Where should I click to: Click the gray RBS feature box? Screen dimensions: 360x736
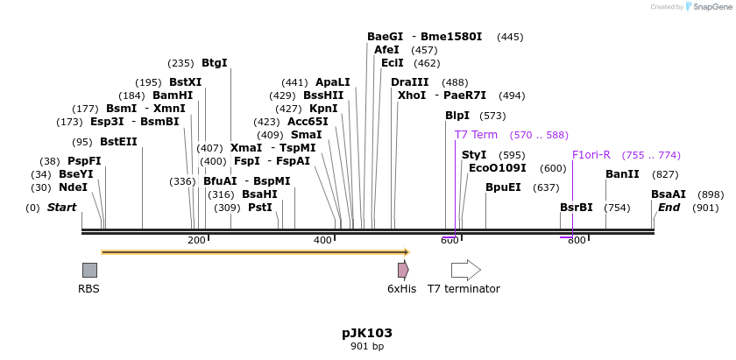[x=89, y=270]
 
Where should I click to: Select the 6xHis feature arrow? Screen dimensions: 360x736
[x=402, y=270]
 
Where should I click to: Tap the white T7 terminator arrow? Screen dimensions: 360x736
[x=465, y=270]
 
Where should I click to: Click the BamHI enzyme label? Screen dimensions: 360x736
[x=173, y=95]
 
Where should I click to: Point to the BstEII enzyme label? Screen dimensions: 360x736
[x=118, y=142]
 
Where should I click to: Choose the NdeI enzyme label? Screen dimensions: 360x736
[x=73, y=187]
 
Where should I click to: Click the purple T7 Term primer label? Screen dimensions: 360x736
[x=476, y=135]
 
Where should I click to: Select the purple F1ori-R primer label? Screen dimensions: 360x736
[x=591, y=155]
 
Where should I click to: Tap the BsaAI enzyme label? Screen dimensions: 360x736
[x=669, y=194]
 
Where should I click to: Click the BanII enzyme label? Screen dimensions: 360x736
[x=622, y=174]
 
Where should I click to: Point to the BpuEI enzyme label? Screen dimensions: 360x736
[x=503, y=187]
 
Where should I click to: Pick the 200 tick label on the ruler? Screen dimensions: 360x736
[x=196, y=240]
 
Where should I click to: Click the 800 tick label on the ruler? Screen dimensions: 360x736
[x=577, y=240]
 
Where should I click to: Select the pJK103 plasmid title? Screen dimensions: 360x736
[x=367, y=334]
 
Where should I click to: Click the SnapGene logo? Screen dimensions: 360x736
[x=707, y=7]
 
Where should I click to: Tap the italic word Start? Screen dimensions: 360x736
[x=61, y=208]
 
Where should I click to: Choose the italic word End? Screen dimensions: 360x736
[x=669, y=208]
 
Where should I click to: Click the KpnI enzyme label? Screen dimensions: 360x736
[x=323, y=109]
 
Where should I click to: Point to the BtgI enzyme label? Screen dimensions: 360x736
[x=214, y=63]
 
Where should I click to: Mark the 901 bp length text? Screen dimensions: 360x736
[x=367, y=347]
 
